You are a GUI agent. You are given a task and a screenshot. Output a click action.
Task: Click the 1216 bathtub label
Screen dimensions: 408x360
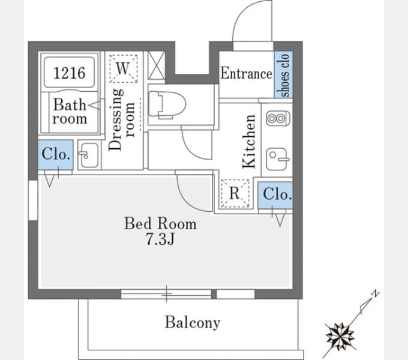[69, 73]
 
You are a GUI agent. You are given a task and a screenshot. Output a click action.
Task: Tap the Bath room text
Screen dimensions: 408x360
[70, 112]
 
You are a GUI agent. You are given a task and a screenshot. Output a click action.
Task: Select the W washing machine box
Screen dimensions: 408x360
[124, 68]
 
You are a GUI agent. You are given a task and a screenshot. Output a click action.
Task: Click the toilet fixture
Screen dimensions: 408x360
[167, 104]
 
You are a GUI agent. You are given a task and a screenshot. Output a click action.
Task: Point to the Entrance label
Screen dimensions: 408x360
[246, 73]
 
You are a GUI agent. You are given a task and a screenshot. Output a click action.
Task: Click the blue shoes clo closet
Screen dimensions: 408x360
[283, 74]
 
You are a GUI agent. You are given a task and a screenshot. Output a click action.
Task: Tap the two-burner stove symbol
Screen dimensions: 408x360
[278, 119]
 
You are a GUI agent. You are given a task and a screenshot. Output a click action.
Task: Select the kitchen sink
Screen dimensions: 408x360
[278, 159]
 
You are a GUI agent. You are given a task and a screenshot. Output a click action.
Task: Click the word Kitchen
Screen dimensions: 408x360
[249, 141]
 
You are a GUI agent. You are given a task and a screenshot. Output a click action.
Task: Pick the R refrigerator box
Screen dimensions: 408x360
[235, 194]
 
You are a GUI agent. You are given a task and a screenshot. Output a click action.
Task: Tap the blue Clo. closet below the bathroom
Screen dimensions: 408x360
[56, 155]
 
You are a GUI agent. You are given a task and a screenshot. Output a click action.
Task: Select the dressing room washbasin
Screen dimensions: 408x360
[88, 155]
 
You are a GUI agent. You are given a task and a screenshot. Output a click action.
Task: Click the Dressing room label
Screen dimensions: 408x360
[122, 119]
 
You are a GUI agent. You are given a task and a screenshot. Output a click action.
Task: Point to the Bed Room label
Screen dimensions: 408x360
[160, 223]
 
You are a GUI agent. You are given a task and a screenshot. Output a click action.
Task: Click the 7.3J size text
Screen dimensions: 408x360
[160, 239]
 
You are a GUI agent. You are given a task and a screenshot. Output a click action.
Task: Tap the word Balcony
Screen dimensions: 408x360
[193, 323]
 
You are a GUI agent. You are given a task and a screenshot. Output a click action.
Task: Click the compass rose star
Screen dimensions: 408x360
[340, 337]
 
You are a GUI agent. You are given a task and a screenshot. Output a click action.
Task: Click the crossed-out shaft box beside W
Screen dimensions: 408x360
[156, 65]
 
